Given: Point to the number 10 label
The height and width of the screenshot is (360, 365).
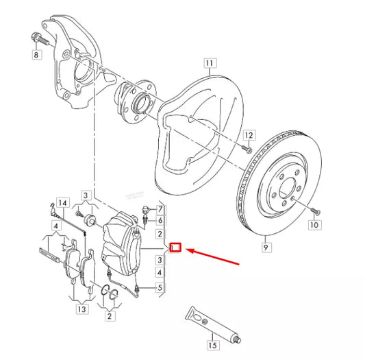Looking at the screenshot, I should click(x=314, y=224).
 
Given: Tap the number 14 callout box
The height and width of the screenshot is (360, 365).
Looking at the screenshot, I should click(x=62, y=203).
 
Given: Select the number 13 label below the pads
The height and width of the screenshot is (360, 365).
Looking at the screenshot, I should click(x=82, y=310).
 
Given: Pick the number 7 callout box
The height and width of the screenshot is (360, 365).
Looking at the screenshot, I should click(x=160, y=208).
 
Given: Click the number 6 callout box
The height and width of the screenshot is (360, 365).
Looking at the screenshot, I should click(x=160, y=220).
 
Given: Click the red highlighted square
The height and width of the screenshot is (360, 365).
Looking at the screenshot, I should click(x=175, y=248).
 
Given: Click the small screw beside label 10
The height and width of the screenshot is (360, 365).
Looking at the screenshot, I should click(x=314, y=209).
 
